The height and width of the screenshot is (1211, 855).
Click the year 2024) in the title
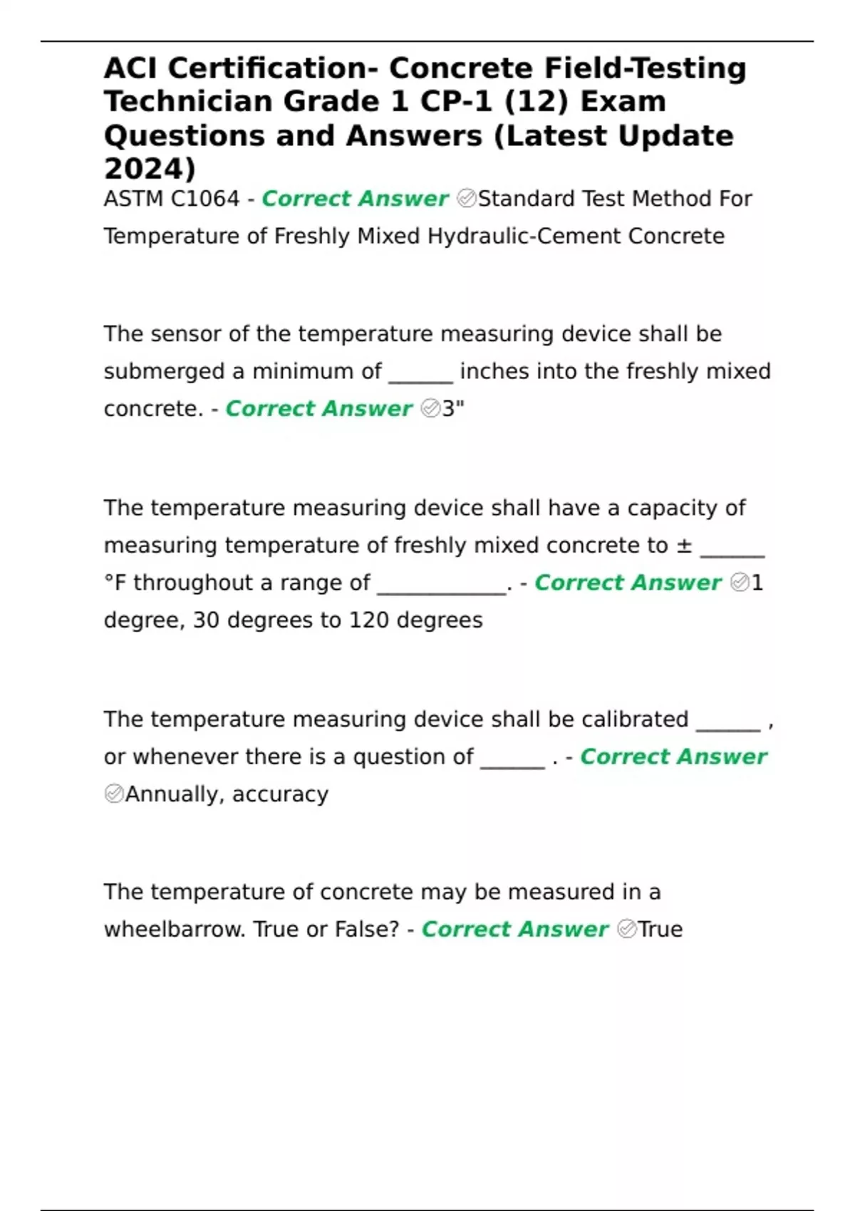click(x=150, y=169)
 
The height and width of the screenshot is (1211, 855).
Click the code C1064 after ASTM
click(x=205, y=199)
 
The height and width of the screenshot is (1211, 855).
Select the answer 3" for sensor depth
click(x=453, y=409)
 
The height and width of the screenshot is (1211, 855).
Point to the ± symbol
click(x=684, y=546)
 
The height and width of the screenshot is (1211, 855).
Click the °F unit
click(x=115, y=583)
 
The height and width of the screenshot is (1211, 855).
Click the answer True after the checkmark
click(x=660, y=930)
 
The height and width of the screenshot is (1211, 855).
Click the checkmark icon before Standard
click(x=467, y=199)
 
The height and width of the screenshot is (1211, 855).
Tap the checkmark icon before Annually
click(x=114, y=794)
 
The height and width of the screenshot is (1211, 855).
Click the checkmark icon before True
click(x=627, y=929)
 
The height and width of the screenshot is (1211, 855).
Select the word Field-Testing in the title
click(x=646, y=68)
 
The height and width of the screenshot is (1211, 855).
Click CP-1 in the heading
click(x=456, y=102)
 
